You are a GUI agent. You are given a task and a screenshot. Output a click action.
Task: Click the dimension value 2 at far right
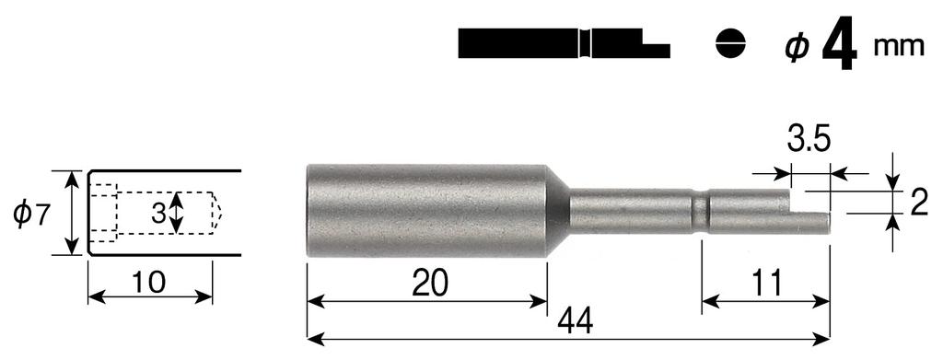point(918,203)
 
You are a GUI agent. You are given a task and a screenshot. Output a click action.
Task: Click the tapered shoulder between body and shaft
point(558,209)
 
